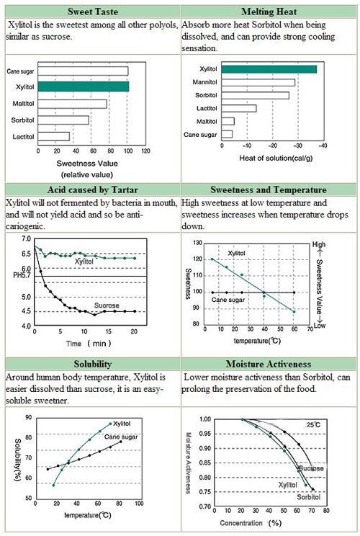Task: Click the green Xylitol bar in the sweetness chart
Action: pos(84,86)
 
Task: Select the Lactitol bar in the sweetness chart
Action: pos(53,136)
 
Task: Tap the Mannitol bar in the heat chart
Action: pos(258,82)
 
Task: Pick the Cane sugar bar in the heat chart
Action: pos(227,134)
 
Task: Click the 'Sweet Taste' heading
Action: pos(93,12)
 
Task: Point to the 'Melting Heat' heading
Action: pos(269,12)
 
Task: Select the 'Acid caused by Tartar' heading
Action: pos(93,189)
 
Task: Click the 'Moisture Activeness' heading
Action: pos(269,364)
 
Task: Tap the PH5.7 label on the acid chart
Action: pos(22,275)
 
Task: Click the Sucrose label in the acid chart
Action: pos(107,305)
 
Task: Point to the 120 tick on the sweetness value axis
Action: pos(146,151)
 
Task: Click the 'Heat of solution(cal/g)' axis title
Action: pos(276,158)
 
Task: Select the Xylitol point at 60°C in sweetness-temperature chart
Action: pos(294,311)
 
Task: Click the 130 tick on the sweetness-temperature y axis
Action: pos(198,243)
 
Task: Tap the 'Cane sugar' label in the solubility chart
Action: pos(121,437)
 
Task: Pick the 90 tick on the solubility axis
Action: pos(28,417)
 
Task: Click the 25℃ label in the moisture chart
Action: pos(313,425)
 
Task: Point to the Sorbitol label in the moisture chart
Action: pos(308,497)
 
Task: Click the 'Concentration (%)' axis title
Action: pos(251,523)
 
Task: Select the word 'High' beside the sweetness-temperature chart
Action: pos(319,245)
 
